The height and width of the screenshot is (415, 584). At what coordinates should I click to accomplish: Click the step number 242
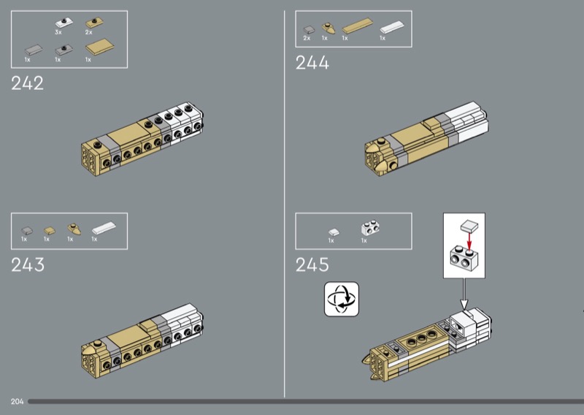27,83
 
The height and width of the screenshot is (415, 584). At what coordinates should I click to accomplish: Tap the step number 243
28,264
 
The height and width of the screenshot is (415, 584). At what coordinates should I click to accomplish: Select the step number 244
312,62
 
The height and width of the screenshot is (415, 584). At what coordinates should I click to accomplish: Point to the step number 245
312,264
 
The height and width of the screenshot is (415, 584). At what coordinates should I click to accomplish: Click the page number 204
17,402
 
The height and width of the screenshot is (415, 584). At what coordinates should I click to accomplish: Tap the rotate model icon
342,299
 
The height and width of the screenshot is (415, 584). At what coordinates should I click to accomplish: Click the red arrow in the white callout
469,241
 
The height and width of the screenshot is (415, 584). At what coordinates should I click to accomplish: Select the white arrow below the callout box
464,294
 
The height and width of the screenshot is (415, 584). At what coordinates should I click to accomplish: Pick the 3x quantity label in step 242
58,32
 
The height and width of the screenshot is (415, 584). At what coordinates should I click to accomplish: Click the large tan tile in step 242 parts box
100,47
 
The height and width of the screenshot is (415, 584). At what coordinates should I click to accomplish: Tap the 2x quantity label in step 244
307,38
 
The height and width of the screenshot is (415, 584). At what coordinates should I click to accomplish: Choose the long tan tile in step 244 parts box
358,26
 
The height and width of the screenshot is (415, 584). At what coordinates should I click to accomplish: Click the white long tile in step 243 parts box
104,228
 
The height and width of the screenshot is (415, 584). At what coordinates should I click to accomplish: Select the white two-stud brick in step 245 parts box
370,228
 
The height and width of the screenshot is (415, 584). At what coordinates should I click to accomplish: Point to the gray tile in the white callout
469,226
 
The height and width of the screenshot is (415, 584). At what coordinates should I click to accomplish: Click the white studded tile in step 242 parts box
64,23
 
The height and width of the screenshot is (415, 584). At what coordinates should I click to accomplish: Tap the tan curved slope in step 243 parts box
74,229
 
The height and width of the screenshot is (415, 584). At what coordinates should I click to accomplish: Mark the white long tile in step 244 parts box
392,27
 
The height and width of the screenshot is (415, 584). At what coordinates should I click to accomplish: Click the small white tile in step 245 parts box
334,232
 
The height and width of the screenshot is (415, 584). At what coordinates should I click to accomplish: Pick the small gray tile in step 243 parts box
27,231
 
